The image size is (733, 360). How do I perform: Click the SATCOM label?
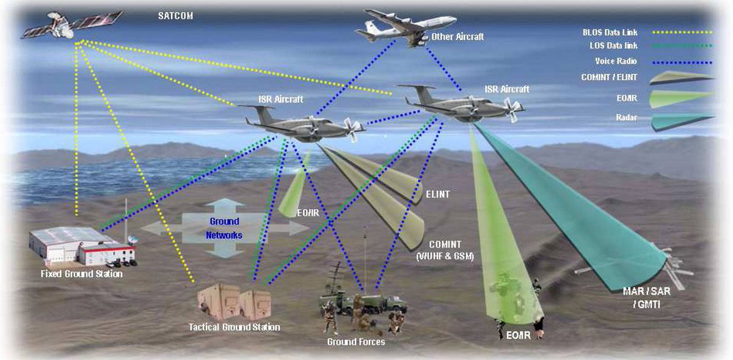point(175,16)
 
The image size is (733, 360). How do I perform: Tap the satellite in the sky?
point(70,25)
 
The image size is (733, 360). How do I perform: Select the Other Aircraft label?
point(457,37)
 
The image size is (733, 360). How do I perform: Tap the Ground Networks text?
point(224,228)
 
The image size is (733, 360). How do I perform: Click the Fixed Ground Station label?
point(82,274)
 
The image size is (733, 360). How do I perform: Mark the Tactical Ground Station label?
point(235,328)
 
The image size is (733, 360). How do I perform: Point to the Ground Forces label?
point(356,342)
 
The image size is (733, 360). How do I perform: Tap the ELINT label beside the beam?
point(437,194)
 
